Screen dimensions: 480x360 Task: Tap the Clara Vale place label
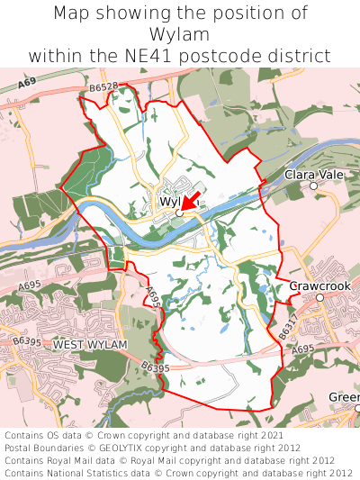(x=311, y=174)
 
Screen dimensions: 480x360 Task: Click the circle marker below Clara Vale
(x=313, y=186)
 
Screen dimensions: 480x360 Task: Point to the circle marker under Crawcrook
(x=319, y=297)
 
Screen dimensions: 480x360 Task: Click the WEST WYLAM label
(x=90, y=345)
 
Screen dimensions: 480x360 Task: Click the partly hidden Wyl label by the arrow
(x=170, y=202)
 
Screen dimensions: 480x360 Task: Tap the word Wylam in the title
(x=180, y=34)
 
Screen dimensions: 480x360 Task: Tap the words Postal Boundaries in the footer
(x=42, y=448)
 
